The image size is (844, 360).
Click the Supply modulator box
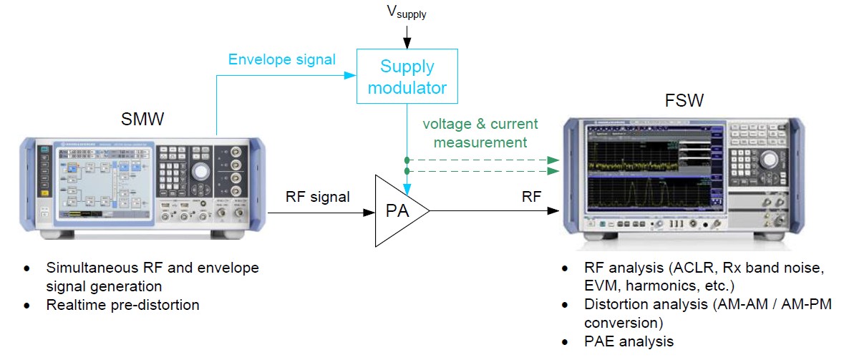click(x=407, y=77)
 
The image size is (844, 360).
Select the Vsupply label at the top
click(x=406, y=11)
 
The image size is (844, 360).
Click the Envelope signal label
click(x=281, y=59)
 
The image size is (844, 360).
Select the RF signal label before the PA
click(x=317, y=197)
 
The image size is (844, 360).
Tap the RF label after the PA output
click(x=531, y=197)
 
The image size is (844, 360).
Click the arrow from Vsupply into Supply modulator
click(x=407, y=35)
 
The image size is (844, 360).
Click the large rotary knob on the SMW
click(x=201, y=171)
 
